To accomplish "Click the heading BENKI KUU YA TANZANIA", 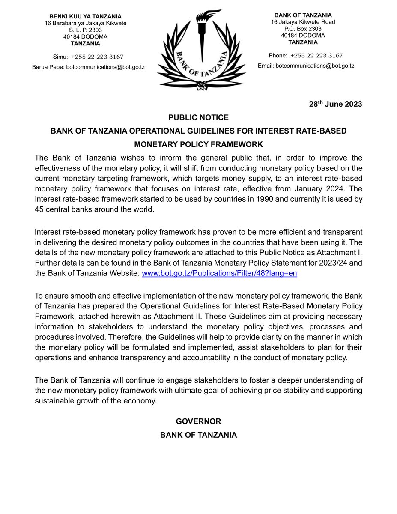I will pyautogui.click(x=86, y=16).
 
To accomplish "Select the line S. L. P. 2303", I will pyautogui.click(x=86, y=30).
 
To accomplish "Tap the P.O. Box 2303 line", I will pyautogui.click(x=303, y=29).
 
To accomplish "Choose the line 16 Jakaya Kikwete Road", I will pyautogui.click(x=303, y=22).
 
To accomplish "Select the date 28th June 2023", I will pyautogui.click(x=335, y=104).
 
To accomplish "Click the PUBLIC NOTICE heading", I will pyautogui.click(x=198, y=117).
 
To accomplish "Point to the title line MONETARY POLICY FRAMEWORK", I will pyautogui.click(x=198, y=144).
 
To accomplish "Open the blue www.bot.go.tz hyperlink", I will pyautogui.click(x=219, y=273).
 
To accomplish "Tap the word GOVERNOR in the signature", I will pyautogui.click(x=198, y=421).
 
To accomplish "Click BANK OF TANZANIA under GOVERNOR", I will pyautogui.click(x=198, y=435).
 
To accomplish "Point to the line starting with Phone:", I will pyautogui.click(x=305, y=56).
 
